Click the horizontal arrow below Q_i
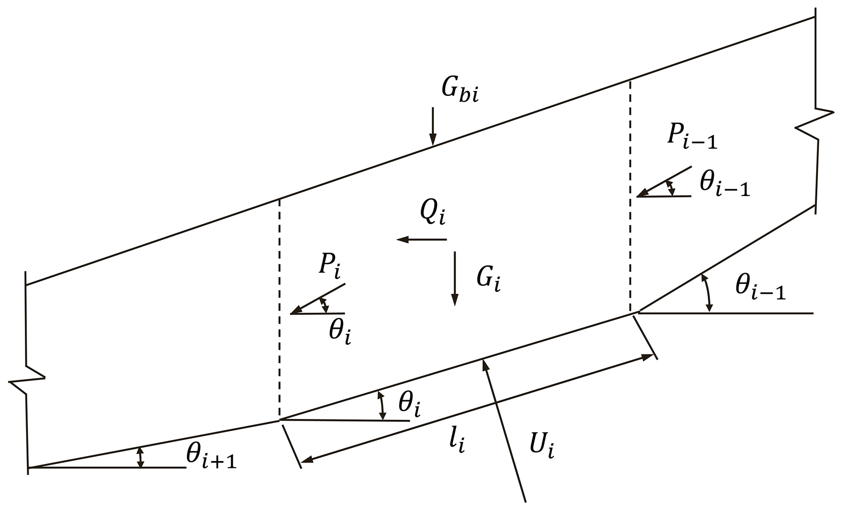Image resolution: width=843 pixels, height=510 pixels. point(422,240)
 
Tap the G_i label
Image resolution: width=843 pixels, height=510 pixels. point(488,280)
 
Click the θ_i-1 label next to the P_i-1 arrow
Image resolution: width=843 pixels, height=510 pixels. point(724,185)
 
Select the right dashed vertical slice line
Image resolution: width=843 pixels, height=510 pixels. point(631,196)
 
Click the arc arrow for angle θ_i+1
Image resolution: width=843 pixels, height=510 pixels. point(140,457)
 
